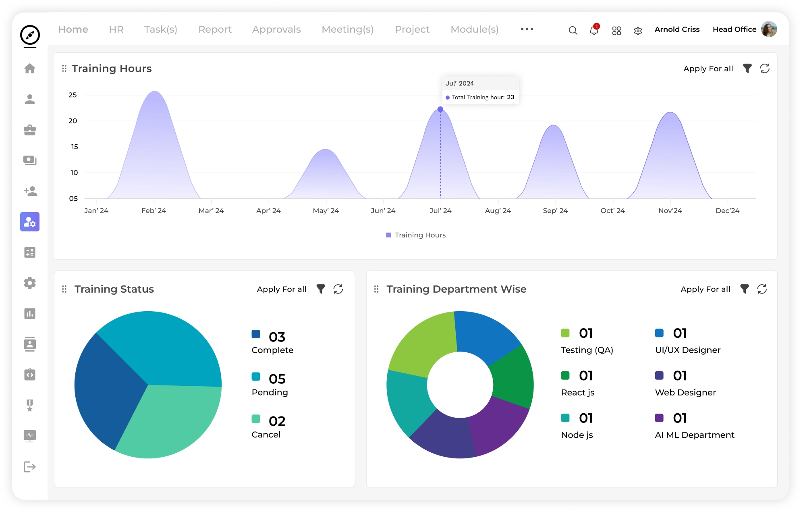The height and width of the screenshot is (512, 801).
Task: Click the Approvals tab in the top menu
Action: coord(276,29)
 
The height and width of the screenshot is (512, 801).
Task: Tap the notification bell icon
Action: coord(594,30)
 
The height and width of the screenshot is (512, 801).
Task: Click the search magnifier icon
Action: coord(573,30)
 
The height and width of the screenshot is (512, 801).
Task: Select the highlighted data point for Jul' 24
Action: coord(440,109)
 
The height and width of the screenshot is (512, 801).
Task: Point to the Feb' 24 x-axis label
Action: coord(154,210)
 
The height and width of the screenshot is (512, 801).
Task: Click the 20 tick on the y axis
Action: coord(73,121)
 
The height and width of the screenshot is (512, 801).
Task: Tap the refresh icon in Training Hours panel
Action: coord(764,69)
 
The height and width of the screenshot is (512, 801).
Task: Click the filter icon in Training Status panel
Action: coord(321,289)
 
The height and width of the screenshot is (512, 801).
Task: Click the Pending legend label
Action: coord(270,392)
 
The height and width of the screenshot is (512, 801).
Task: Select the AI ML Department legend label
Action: coord(694,435)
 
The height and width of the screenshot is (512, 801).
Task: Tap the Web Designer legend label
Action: coord(685,392)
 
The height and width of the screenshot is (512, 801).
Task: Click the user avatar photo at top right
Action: coord(769,29)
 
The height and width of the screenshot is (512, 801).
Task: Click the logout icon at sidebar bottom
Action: coord(30,467)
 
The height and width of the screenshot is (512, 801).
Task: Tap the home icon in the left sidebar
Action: coord(30,69)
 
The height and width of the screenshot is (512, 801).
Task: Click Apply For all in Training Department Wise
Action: coord(705,289)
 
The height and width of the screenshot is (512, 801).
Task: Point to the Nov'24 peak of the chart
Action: coord(670,113)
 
